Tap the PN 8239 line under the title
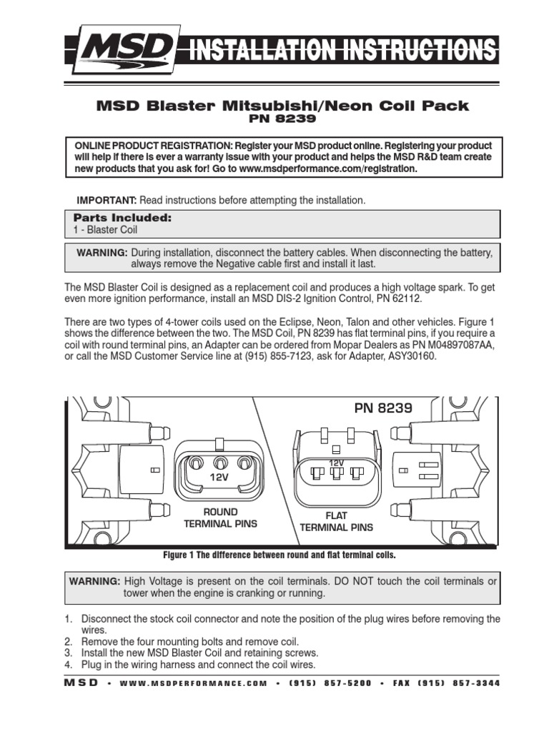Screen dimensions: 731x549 (282, 119)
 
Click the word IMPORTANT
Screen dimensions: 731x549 (107, 201)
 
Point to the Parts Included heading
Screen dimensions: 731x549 (122, 217)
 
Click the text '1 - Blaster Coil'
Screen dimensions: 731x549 (105, 230)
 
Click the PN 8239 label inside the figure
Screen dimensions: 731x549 (383, 408)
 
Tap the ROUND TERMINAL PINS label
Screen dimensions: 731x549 (220, 518)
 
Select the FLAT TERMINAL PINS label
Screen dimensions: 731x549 (336, 522)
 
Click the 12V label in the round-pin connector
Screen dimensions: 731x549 (218, 476)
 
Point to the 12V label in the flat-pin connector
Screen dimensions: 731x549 (336, 463)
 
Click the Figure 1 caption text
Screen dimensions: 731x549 (280, 555)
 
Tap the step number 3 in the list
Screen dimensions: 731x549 (68, 653)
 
